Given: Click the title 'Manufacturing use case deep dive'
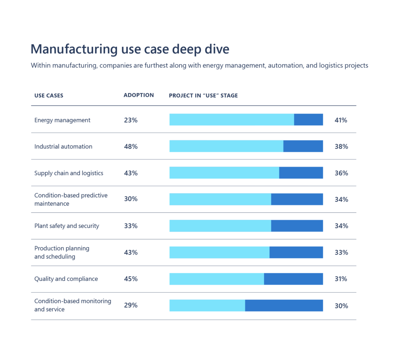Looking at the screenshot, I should (x=130, y=50).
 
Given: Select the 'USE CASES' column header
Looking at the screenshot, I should (x=49, y=95).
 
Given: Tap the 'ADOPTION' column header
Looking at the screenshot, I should (x=139, y=95).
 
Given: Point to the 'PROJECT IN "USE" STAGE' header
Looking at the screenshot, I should (x=203, y=95).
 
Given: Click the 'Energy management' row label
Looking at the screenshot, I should (x=62, y=120).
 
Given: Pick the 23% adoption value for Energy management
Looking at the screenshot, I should (x=130, y=120).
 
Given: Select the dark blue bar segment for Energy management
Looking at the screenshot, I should (x=308, y=120).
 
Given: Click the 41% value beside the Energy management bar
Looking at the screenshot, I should (x=341, y=120).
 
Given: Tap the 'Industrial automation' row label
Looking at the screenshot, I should (x=63, y=146).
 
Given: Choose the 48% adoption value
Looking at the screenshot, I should (x=130, y=146).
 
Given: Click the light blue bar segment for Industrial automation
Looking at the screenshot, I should (x=226, y=146).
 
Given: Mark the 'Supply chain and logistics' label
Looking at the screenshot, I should (x=69, y=173).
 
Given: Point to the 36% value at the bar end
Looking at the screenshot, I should (x=341, y=173).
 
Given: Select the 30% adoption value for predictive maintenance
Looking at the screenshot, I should (x=130, y=199).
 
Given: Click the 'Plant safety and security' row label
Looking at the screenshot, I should (x=67, y=226).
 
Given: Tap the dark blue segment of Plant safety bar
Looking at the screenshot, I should (x=297, y=226).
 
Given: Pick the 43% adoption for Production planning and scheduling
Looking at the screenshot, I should (x=130, y=252).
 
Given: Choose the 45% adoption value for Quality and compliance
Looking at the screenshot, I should (x=130, y=279).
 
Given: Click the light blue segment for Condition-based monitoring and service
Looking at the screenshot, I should (x=207, y=306).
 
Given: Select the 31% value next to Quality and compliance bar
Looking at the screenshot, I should (x=341, y=279).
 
